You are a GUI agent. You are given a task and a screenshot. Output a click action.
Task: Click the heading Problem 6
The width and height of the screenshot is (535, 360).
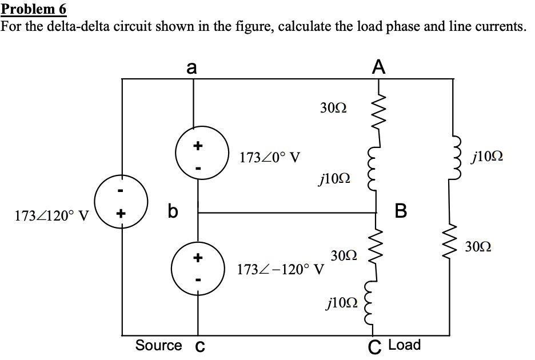click(x=34, y=9)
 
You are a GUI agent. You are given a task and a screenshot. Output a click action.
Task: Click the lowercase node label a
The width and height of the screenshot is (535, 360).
click(x=192, y=68)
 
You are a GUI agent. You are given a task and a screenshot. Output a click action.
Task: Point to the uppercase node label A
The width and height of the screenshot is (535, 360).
click(x=378, y=68)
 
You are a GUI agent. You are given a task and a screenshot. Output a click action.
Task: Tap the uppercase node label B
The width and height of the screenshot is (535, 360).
click(x=401, y=211)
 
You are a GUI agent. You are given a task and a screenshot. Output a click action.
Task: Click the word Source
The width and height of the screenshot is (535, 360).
click(x=159, y=345)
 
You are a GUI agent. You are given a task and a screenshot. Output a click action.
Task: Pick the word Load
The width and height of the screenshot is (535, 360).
click(x=404, y=345)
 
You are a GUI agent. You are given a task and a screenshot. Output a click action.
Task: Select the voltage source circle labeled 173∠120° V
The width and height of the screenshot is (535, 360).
click(x=121, y=204)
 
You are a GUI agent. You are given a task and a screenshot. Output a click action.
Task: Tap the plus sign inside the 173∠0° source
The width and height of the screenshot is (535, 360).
click(x=197, y=146)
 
